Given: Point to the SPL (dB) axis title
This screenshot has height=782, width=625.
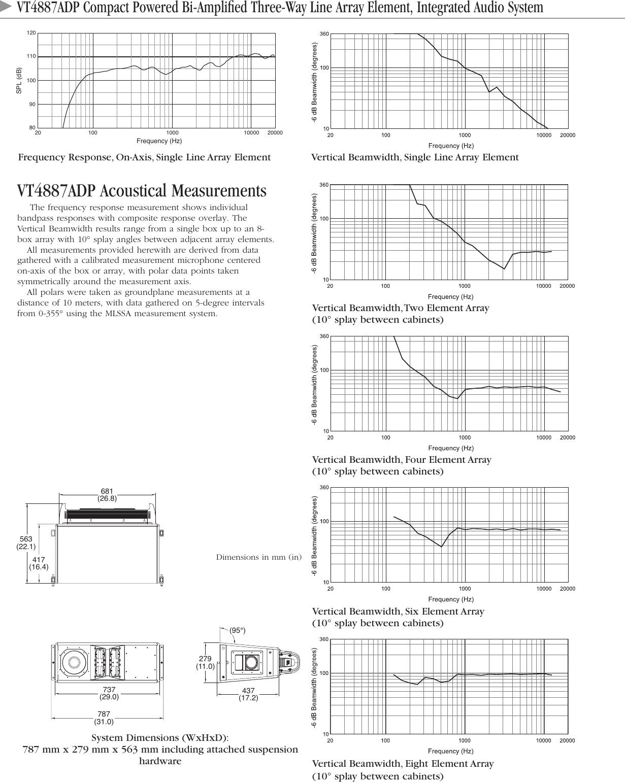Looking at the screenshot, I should click(19, 80).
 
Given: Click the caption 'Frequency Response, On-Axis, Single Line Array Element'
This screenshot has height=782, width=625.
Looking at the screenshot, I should click(144, 157).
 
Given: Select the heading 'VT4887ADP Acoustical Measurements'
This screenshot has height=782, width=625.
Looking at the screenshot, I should click(142, 191).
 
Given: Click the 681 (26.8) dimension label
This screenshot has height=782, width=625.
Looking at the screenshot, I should click(107, 495).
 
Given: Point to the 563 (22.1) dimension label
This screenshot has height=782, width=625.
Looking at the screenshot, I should click(26, 543).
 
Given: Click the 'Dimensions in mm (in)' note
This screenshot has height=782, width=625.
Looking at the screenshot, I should click(258, 557).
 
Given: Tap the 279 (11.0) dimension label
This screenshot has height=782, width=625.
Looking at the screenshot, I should click(206, 663).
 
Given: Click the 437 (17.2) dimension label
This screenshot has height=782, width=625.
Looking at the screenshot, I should click(248, 695).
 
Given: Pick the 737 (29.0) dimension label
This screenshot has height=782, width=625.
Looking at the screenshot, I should click(109, 693).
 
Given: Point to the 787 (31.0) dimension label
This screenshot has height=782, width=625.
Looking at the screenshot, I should click(104, 718).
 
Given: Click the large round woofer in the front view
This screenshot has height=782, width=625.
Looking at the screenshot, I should click(74, 663).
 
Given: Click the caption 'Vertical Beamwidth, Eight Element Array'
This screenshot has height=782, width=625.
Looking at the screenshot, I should click(403, 764).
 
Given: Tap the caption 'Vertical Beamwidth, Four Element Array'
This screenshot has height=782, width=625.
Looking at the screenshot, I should click(402, 460).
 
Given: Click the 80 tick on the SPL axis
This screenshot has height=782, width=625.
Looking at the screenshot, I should click(32, 128).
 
